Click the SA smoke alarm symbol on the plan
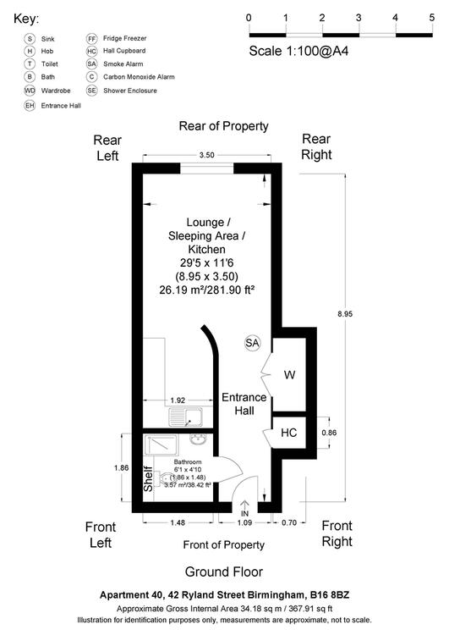252,343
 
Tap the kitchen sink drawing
186,417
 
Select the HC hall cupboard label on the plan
289,433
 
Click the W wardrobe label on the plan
289,374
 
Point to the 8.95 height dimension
345,313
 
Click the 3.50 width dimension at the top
206,155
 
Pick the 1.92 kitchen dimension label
178,400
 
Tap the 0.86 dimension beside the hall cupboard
329,433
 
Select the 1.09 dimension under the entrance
244,522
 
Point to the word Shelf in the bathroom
148,479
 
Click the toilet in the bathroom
164,479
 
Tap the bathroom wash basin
198,439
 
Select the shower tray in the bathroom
161,445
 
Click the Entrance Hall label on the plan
244,404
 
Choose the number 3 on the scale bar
359,18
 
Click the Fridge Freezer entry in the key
117,38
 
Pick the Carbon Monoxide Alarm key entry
131,76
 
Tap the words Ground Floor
224,571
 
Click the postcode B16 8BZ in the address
329,595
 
